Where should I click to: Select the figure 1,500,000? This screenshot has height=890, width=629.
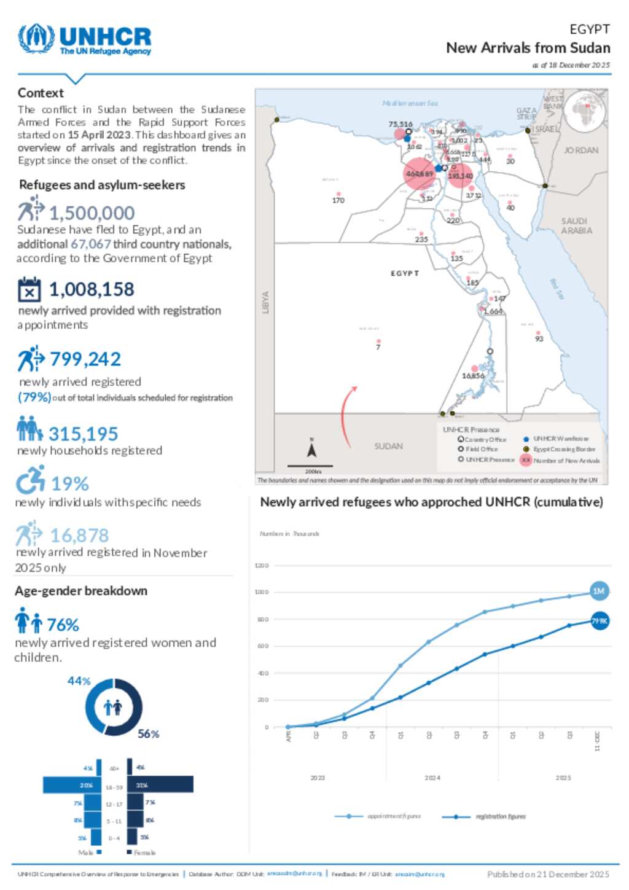coord(92,213)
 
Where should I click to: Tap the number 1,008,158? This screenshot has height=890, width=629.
coord(91,289)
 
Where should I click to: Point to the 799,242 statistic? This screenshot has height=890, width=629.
coord(85,359)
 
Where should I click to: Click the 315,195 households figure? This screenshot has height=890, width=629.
coord(83,434)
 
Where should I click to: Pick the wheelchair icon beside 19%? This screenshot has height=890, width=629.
coord(30,480)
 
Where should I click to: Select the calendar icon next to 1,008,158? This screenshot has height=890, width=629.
coord(29,290)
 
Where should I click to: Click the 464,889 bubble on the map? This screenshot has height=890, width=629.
coord(419,174)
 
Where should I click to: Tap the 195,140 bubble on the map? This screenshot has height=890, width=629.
coord(460,176)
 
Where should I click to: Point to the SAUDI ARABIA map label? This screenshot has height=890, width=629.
coord(576,225)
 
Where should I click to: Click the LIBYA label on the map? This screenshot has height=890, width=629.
coord(265,302)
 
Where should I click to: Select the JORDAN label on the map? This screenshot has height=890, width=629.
coord(580,150)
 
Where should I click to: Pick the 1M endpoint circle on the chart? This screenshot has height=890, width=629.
coord(598,591)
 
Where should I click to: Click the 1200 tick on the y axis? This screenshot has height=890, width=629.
coord(262,565)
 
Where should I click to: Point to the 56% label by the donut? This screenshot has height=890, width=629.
coord(148,734)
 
